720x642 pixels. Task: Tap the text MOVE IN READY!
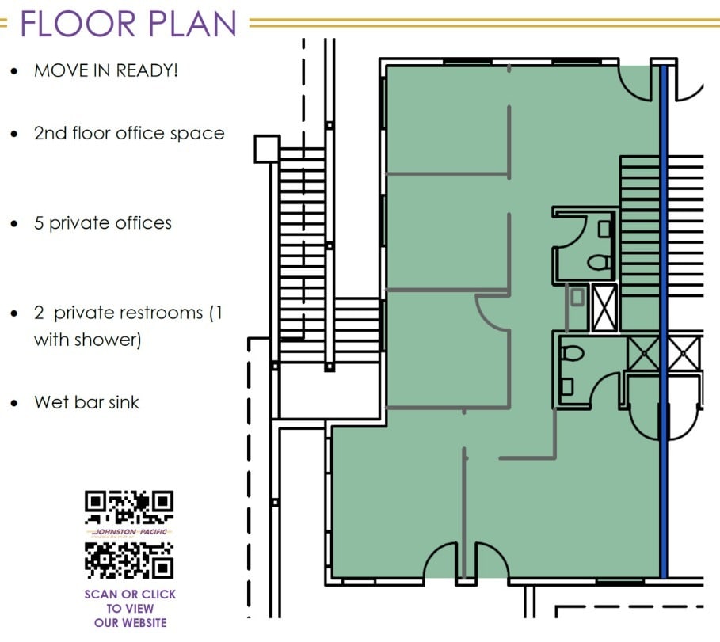(105, 70)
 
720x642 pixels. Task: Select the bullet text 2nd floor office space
(129, 133)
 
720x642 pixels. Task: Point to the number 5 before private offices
(39, 223)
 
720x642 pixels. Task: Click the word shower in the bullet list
(112, 340)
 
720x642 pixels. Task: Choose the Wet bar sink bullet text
(86, 402)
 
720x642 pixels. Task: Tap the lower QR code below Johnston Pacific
(129, 559)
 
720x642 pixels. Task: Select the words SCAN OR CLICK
(130, 594)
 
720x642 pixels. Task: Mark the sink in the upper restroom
(604, 230)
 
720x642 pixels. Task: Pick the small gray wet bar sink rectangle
(577, 298)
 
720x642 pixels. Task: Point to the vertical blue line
(664, 317)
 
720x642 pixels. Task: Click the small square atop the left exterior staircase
(266, 148)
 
